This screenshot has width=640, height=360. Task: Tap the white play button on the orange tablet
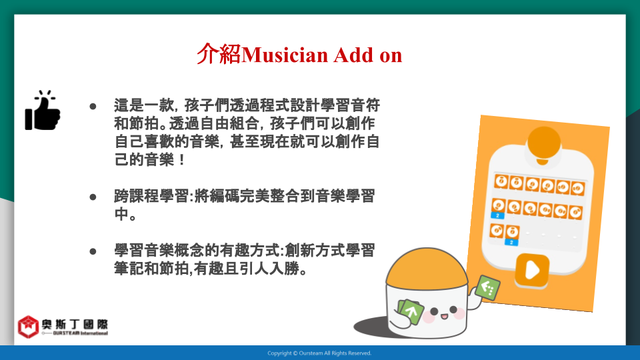(532, 270)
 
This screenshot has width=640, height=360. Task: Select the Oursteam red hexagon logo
(28, 327)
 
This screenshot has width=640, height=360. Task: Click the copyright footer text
(319, 353)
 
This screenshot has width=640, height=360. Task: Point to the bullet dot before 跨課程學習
(93, 197)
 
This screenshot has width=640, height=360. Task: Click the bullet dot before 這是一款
(93, 107)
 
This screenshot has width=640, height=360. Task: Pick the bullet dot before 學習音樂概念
(93, 251)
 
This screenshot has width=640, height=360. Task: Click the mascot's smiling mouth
(444, 316)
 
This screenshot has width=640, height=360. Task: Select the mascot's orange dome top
(427, 267)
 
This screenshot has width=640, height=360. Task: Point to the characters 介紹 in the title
(219, 54)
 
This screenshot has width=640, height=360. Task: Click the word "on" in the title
(391, 56)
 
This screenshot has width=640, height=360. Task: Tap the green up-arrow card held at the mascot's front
(411, 312)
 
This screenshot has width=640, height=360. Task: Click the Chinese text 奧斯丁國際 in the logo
(75, 325)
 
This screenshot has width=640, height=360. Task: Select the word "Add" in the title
(353, 55)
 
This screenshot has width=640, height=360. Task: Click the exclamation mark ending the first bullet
(182, 159)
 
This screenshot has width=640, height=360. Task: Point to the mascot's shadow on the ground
(371, 327)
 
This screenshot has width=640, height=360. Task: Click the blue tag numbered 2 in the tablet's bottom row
(511, 243)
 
